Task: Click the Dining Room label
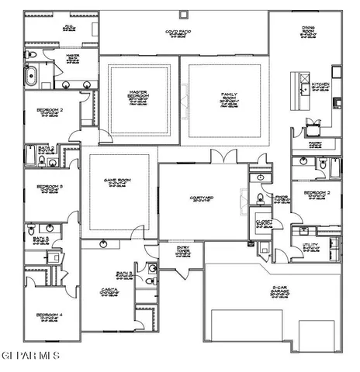[x=308, y=32]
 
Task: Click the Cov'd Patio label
[x=178, y=33]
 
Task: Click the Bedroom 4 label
[x=49, y=316]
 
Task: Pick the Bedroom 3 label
[x=49, y=188]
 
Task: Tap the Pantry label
[x=315, y=144]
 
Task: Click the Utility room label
[x=310, y=246]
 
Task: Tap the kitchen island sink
[x=299, y=84]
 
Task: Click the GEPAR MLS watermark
[x=29, y=355]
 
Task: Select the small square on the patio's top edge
[x=183, y=13]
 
